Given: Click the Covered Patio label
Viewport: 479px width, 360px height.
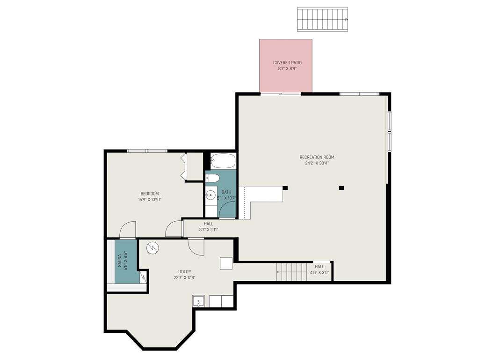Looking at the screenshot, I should point(287,63).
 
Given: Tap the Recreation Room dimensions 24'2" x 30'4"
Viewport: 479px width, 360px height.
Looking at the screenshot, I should point(317,164).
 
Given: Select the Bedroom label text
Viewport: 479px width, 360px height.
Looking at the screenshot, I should point(150,194).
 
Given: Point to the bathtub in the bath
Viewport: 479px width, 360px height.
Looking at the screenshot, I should point(223,161).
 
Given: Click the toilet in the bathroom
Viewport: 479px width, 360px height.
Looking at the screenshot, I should point(213,178).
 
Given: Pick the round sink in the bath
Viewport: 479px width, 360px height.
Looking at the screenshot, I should point(210,195).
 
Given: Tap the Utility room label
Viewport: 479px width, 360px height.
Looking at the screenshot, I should point(184,272).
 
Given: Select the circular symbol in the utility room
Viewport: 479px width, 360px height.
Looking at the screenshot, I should point(152,247).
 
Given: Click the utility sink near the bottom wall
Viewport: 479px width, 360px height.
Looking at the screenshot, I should point(198,301).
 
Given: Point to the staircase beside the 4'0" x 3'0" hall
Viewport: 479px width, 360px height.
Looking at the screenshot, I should point(291,272).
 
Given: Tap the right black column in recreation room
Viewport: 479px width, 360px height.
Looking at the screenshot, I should point(341,188).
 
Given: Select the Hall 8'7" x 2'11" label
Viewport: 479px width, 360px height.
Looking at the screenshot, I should point(208,227).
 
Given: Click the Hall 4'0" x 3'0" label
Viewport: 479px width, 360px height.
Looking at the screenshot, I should point(319,270).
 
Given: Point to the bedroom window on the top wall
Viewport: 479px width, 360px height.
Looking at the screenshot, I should point(147,151).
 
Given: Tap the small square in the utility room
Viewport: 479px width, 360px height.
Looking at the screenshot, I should point(226,263).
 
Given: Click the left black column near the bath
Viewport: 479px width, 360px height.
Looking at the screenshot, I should point(285,188).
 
